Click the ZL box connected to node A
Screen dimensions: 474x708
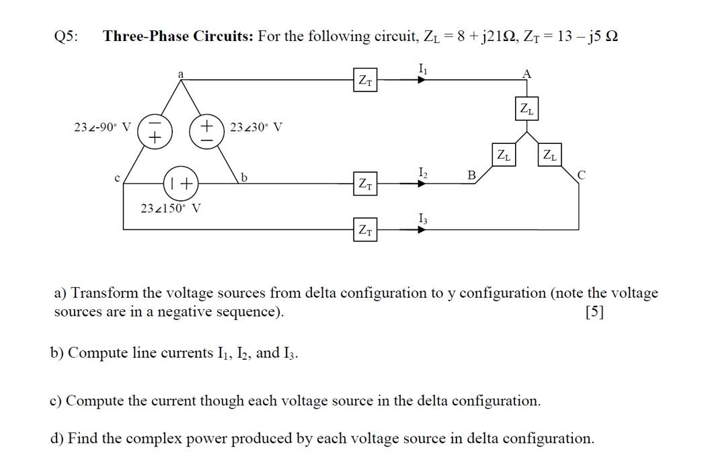[x=526, y=110]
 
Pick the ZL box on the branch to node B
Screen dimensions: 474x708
[x=503, y=155]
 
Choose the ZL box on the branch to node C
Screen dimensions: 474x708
[x=550, y=155]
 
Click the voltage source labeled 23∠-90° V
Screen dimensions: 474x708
[x=153, y=130]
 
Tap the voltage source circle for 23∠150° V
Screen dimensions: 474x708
[x=180, y=182]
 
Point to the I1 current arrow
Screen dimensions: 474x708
[x=421, y=79]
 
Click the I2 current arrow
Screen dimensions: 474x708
[x=421, y=182]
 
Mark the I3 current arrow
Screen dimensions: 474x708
[x=421, y=229]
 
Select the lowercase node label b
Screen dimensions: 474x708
[x=245, y=177]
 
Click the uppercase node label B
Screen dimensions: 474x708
[x=471, y=175]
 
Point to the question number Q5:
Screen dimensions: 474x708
[x=65, y=36]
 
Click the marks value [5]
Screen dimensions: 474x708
[x=594, y=312]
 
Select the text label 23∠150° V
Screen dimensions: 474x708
[x=171, y=208]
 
